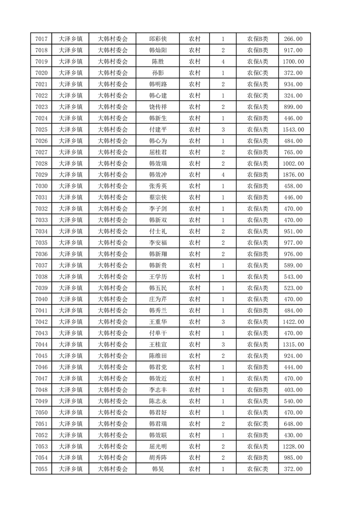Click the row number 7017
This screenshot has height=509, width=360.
(x=41, y=39)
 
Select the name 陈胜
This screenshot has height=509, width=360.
(x=158, y=62)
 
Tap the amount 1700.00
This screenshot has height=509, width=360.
(x=293, y=62)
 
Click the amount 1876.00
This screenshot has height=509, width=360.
(x=293, y=175)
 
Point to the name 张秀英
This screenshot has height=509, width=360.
(x=158, y=186)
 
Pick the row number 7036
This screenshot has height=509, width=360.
(x=41, y=254)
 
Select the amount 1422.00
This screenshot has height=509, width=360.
(x=293, y=322)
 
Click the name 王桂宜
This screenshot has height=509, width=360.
(x=158, y=344)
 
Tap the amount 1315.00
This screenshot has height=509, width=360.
(x=293, y=344)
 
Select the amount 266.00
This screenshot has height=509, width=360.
(x=293, y=39)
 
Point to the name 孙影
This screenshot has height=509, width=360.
(x=158, y=73)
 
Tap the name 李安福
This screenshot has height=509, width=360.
(x=158, y=243)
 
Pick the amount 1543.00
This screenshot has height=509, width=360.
(x=293, y=130)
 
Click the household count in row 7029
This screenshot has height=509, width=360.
(x=223, y=175)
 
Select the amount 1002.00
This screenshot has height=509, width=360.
(x=293, y=163)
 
